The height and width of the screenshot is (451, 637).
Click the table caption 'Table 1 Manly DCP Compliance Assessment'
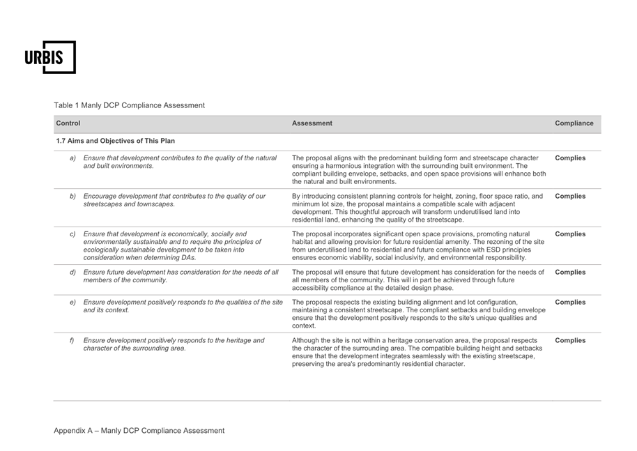tap(130, 105)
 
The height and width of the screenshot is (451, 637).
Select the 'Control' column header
tap(68, 123)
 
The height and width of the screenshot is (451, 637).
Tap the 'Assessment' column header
tap(312, 123)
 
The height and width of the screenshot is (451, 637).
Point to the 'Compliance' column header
tap(574, 123)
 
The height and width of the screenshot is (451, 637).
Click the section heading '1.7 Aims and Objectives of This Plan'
tap(116, 142)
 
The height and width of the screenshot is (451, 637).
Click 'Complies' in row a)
tap(569, 158)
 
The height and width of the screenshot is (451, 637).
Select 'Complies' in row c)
tap(569, 234)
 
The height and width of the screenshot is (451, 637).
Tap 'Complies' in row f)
tap(569, 340)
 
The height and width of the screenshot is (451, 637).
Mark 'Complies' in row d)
tap(569, 272)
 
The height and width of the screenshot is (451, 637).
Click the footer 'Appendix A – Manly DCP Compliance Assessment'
tap(139, 430)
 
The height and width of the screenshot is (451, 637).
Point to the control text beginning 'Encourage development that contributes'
tap(174, 200)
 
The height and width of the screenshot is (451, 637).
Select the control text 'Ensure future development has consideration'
tap(181, 276)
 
